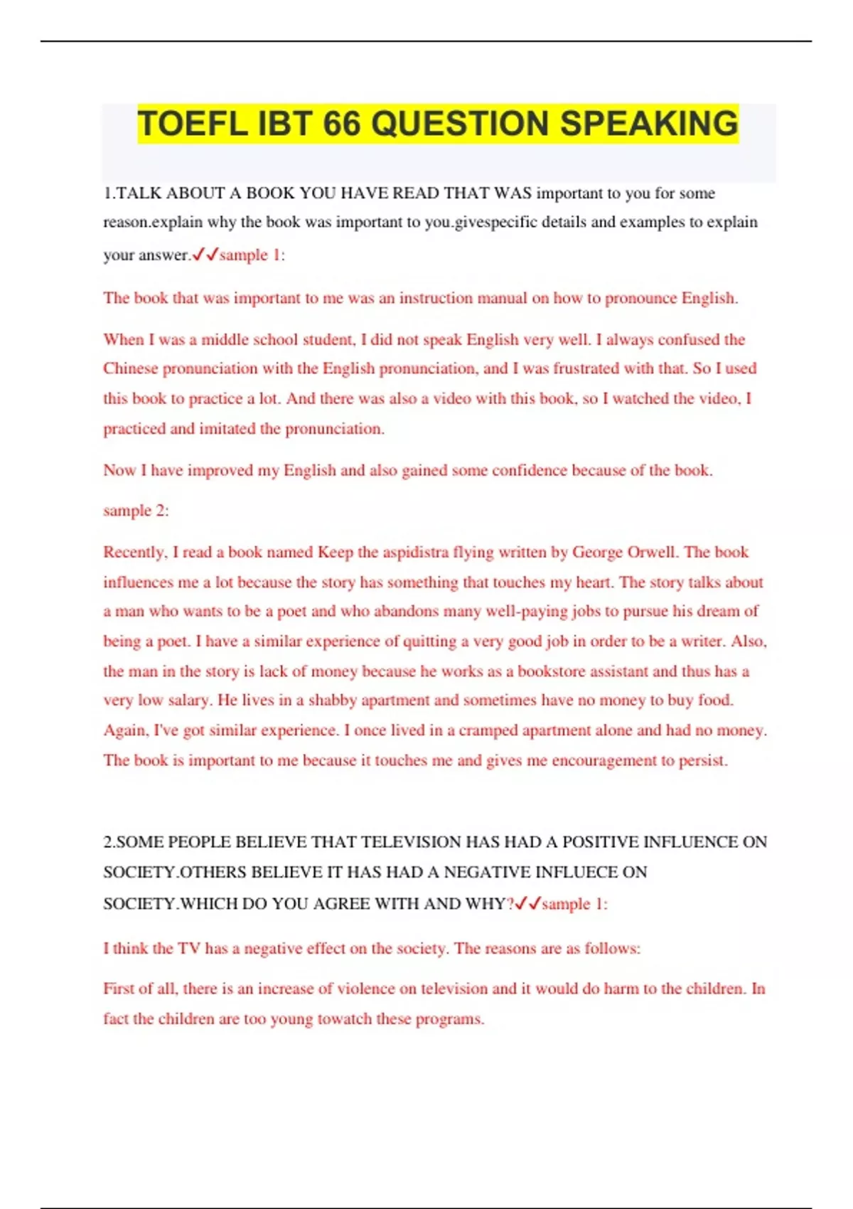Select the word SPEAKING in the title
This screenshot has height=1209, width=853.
click(x=649, y=124)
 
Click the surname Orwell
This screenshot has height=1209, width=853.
click(x=652, y=552)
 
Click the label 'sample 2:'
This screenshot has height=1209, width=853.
click(x=136, y=511)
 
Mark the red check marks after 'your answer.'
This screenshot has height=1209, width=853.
click(x=205, y=254)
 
